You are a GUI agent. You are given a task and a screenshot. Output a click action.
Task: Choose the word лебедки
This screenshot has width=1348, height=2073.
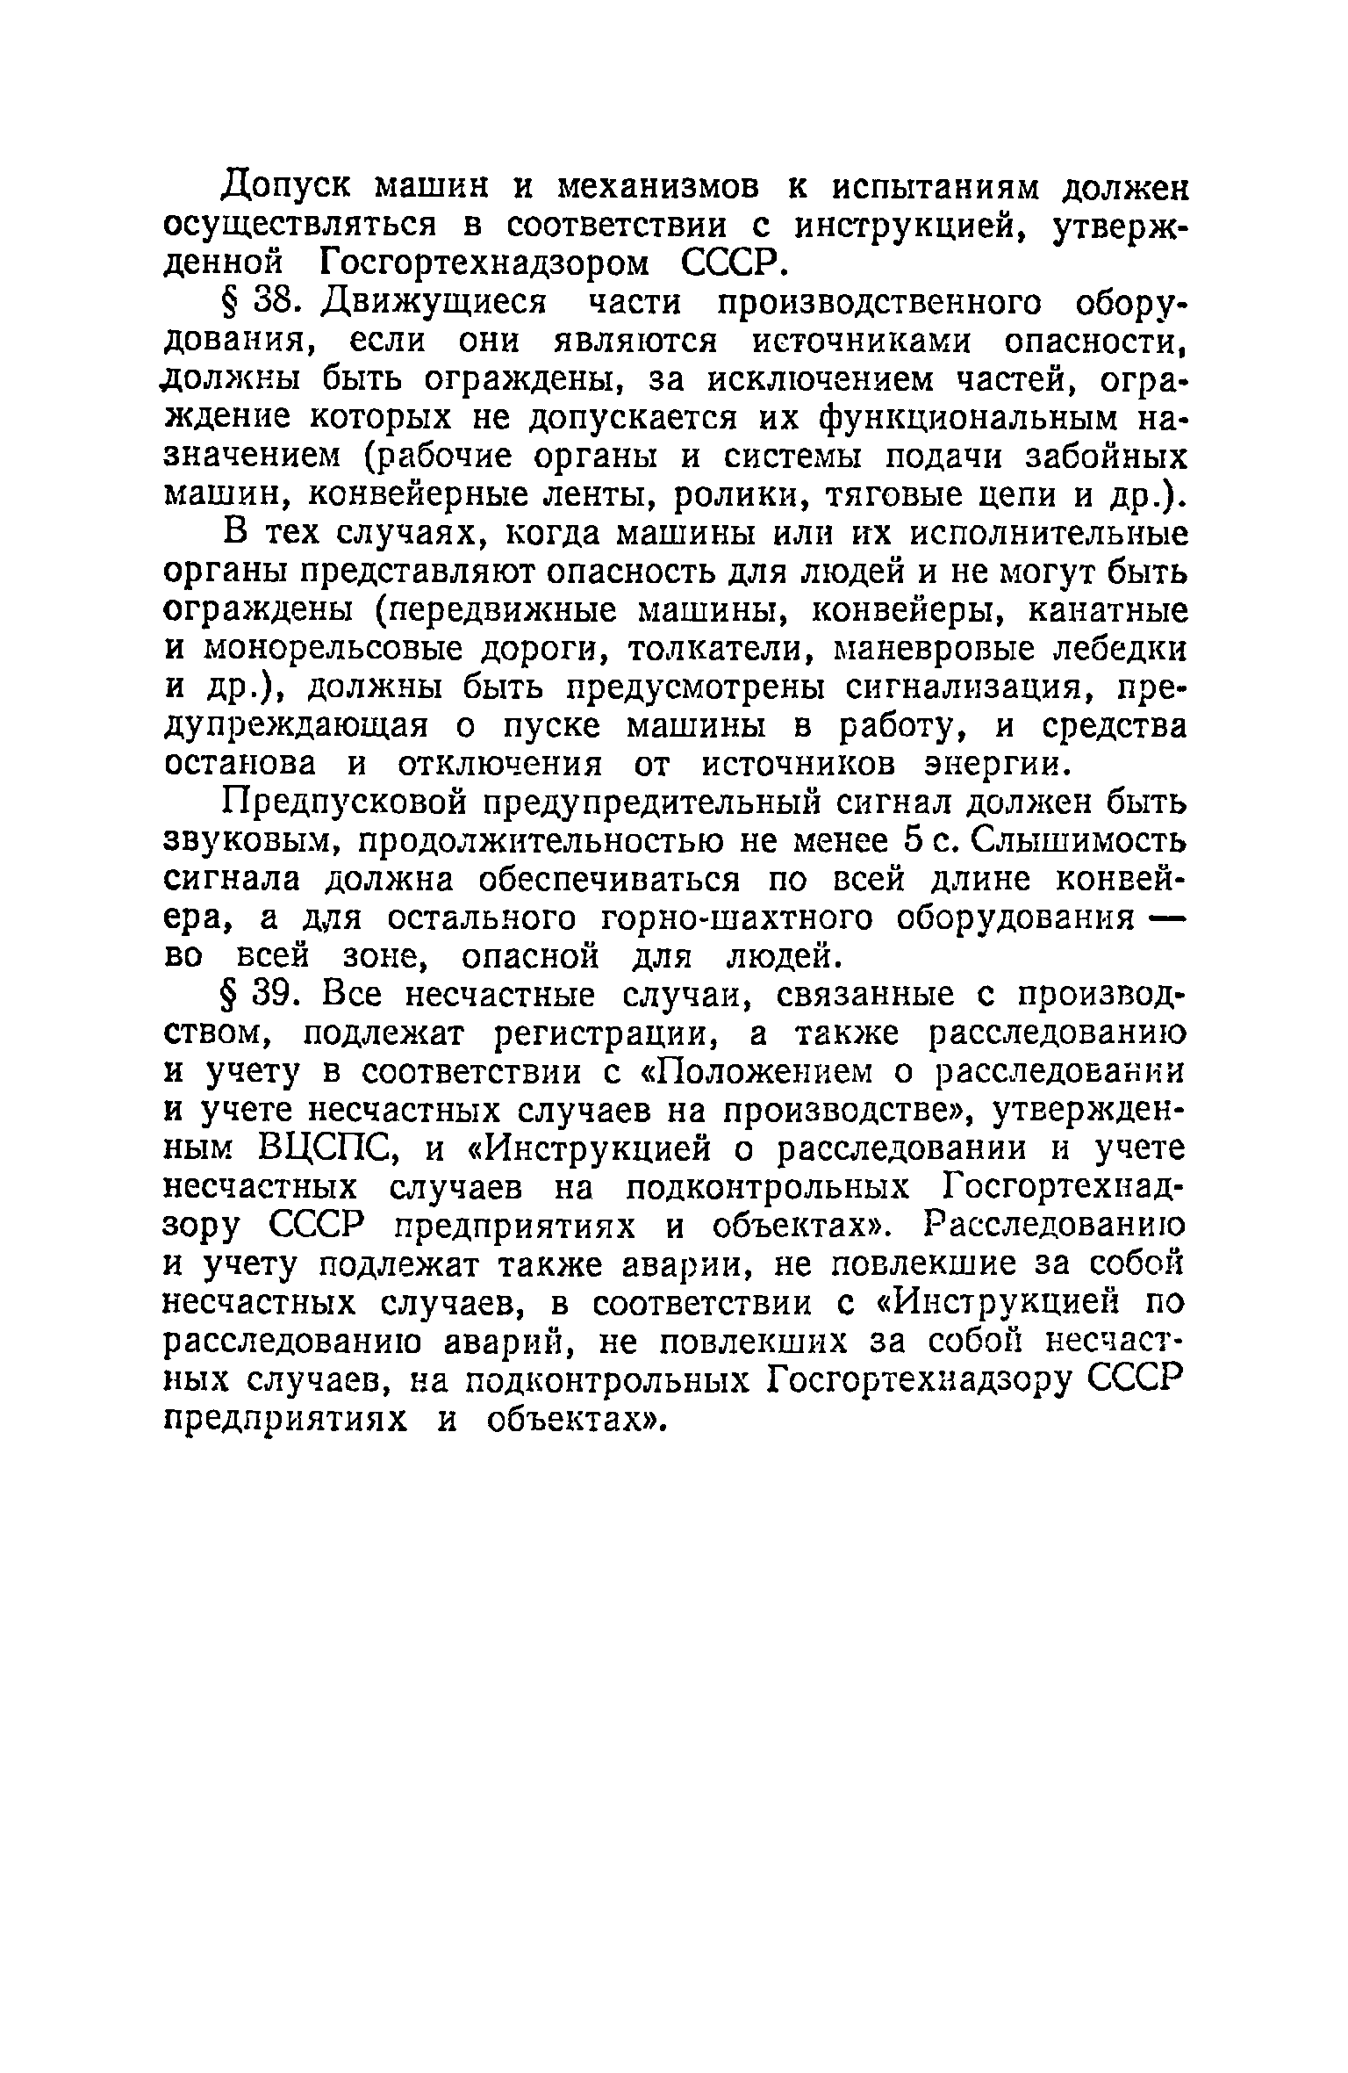(x=1115, y=650)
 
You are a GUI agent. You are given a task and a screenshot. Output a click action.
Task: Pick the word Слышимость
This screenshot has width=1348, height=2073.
(x=1072, y=841)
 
